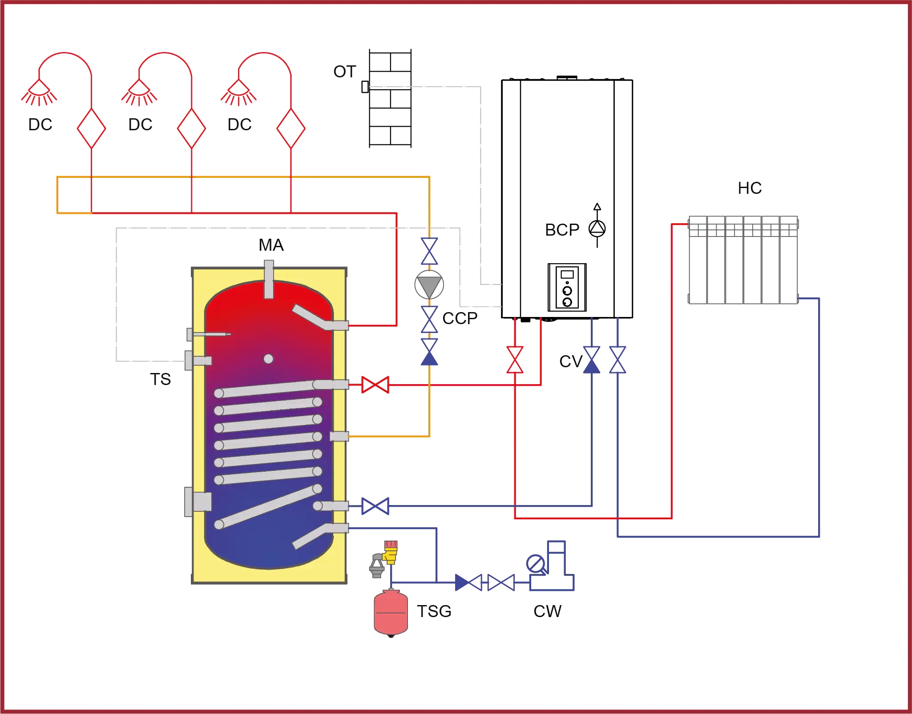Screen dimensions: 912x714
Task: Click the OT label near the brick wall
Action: (x=345, y=72)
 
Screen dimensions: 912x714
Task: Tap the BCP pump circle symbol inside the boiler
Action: (x=597, y=229)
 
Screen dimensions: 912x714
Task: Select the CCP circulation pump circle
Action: (x=429, y=285)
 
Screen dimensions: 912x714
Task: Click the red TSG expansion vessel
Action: (x=391, y=613)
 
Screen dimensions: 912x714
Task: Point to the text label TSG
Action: (x=434, y=611)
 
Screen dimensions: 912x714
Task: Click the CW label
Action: (x=547, y=611)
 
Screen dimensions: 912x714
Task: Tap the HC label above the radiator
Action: (x=750, y=188)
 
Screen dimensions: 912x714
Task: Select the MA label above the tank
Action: (x=271, y=245)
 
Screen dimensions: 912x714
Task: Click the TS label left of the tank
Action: (x=160, y=379)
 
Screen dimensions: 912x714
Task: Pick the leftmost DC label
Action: (x=40, y=124)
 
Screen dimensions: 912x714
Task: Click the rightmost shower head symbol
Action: (x=238, y=92)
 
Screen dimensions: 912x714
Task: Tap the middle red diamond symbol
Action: (x=191, y=128)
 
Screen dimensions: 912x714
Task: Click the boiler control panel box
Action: (x=567, y=287)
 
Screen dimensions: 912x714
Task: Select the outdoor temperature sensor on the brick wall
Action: (x=365, y=87)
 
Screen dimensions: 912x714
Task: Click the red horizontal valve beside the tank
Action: (x=375, y=385)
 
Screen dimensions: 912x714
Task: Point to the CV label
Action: (x=571, y=361)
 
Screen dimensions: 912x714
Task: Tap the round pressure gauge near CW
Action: (x=535, y=564)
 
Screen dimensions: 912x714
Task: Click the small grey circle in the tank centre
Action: (x=268, y=359)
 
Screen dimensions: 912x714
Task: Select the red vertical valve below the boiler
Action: (x=515, y=360)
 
